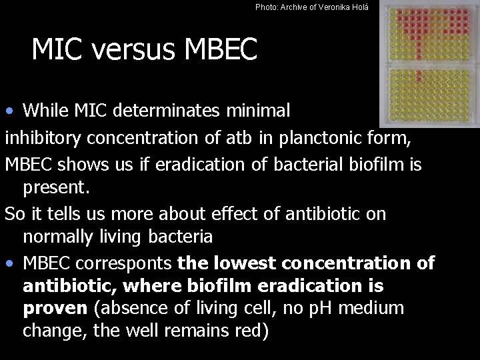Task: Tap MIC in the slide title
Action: pos(56,49)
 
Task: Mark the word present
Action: pos(55,188)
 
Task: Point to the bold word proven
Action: pos(55,309)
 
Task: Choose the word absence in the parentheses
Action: pos(133,309)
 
